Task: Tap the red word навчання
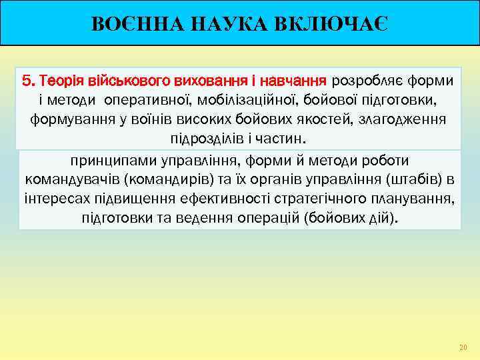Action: tap(293, 81)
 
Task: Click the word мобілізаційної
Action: tap(249, 101)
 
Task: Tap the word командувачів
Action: tap(74, 180)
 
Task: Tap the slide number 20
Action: tap(463, 347)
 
